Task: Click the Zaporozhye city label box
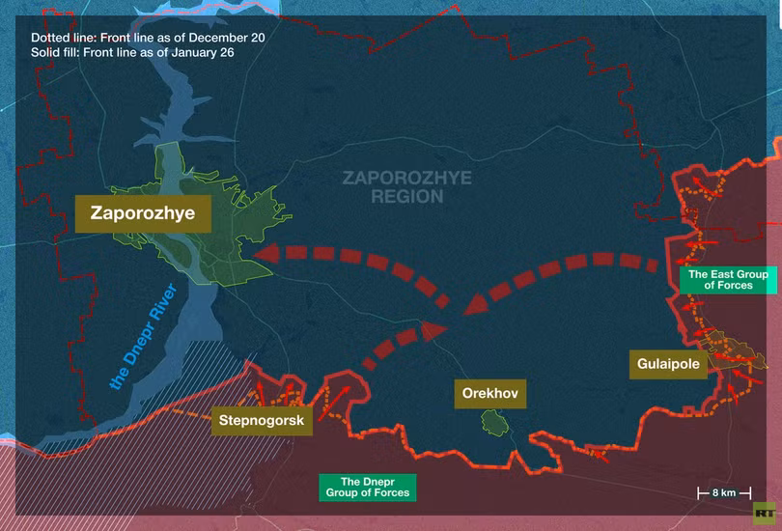coord(143,213)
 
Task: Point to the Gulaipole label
coord(668,364)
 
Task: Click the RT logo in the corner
coord(765,513)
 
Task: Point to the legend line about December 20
coord(148,37)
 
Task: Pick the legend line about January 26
coord(132,52)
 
